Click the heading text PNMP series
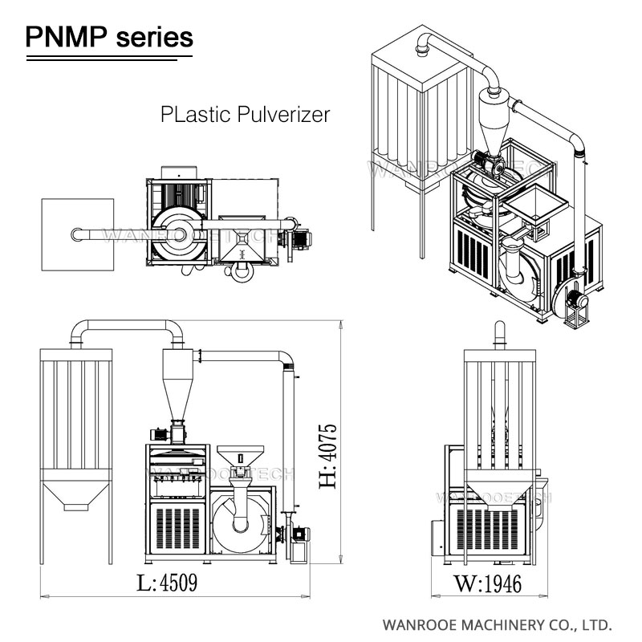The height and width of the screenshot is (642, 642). pyautogui.click(x=109, y=36)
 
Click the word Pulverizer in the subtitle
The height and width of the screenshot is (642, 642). pyautogui.click(x=284, y=115)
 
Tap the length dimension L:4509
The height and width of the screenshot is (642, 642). pyautogui.click(x=167, y=582)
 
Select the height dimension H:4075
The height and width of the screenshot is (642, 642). pyautogui.click(x=326, y=456)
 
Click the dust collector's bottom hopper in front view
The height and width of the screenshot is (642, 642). pyautogui.click(x=75, y=494)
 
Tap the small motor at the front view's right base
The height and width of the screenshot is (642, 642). pyautogui.click(x=299, y=534)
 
